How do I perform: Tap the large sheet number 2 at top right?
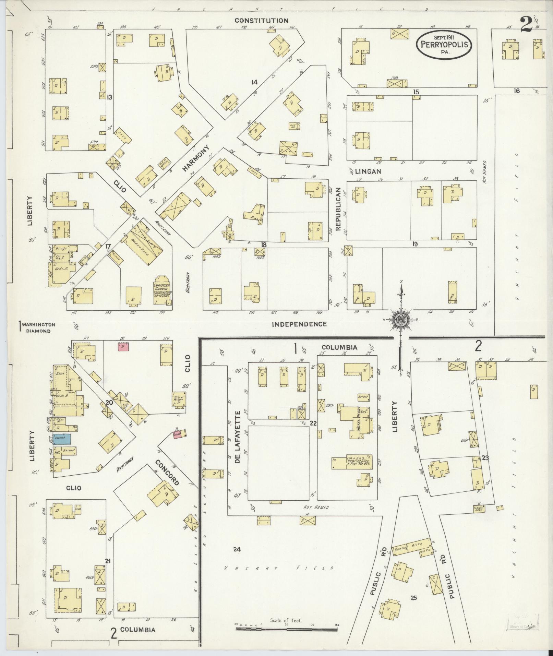coord(526,24)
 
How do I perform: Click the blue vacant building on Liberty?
coord(62,439)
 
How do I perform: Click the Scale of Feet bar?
coord(286,629)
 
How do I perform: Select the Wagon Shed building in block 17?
coord(143,248)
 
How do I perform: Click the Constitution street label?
coord(261,21)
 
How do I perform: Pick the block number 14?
coord(254,82)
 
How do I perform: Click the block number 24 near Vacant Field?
coord(237,549)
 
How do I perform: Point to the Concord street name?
coord(167,473)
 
